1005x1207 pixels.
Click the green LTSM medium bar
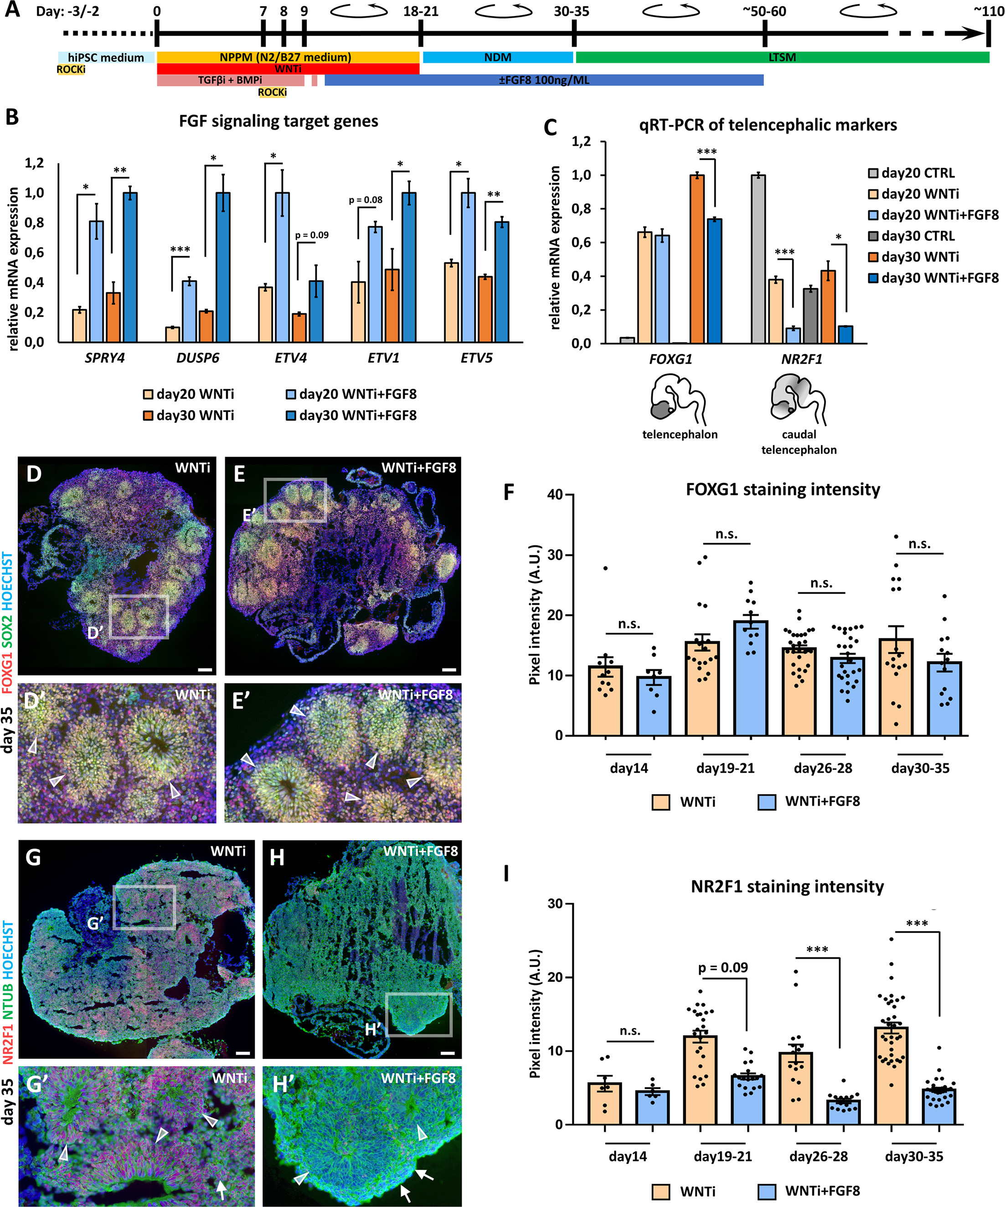[x=782, y=57]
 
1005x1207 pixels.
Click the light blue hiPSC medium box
[x=106, y=57]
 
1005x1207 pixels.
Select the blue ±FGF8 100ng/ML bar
[x=543, y=80]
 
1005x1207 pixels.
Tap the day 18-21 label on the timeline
[x=420, y=11]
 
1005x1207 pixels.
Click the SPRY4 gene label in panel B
[x=105, y=358]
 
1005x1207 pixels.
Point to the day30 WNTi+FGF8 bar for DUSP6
[x=222, y=267]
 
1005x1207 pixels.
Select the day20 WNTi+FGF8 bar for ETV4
[x=282, y=267]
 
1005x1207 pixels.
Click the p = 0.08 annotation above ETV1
[x=365, y=200]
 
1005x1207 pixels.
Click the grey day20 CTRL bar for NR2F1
[x=758, y=259]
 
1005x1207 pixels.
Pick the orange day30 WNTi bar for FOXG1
[x=697, y=259]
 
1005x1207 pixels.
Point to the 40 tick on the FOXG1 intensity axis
[x=554, y=494]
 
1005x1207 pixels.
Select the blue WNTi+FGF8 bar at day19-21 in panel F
[x=750, y=678]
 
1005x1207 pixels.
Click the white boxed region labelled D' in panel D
[x=139, y=617]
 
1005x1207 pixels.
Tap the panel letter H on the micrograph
[x=277, y=858]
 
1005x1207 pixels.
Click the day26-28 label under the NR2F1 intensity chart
[x=818, y=1156]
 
